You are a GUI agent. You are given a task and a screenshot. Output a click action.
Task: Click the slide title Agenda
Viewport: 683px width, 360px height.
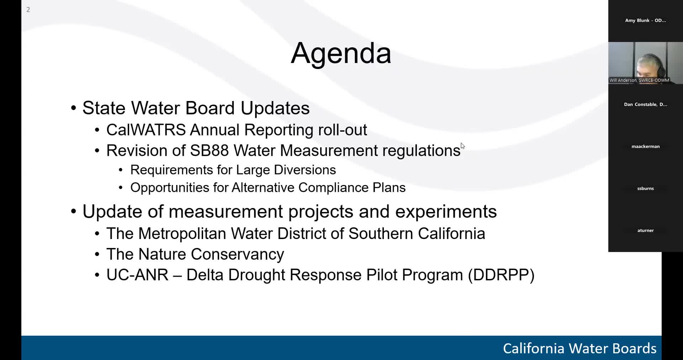tap(341, 53)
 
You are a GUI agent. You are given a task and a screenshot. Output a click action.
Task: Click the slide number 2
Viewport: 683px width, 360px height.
tap(28, 10)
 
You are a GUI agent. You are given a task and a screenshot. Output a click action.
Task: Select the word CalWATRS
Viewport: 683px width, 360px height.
tap(146, 130)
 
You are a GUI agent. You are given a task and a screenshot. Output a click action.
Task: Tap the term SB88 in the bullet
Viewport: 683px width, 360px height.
tap(209, 150)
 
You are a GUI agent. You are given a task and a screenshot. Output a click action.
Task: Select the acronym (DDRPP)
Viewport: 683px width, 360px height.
tap(501, 275)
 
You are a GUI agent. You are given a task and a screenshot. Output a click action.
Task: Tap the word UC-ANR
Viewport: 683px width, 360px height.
tap(137, 275)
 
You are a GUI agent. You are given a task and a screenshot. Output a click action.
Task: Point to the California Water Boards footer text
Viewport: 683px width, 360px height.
tap(579, 348)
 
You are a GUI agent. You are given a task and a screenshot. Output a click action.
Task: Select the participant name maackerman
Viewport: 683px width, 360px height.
tap(645, 147)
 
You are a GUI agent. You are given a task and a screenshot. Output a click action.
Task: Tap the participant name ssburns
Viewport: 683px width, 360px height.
tap(645, 189)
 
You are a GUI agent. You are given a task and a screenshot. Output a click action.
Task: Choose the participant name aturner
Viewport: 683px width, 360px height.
tap(645, 231)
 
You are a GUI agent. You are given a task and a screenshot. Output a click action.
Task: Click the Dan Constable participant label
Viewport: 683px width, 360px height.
tap(645, 105)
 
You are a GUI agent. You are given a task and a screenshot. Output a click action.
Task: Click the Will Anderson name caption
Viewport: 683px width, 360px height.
tap(639, 80)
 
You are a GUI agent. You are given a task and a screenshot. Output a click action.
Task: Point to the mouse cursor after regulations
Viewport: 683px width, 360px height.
tap(462, 146)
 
